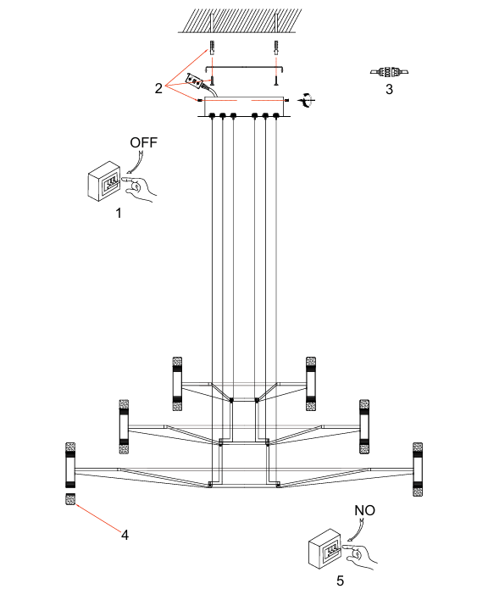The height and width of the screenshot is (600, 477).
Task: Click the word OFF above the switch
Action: pos(143,142)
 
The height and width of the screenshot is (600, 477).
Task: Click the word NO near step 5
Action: pos(364,510)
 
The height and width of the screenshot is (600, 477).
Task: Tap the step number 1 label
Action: pos(119,213)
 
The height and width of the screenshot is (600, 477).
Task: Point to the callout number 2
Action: pos(158,88)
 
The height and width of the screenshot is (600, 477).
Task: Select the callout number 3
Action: pos(389,89)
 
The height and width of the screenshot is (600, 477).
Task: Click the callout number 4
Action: pos(125,535)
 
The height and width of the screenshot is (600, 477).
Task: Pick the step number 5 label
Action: pos(340,581)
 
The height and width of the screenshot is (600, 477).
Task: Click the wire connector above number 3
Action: pos(389,71)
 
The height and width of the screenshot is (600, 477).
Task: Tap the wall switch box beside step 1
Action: pos(104,181)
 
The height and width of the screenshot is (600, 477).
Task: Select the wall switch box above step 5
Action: pos(324,548)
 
